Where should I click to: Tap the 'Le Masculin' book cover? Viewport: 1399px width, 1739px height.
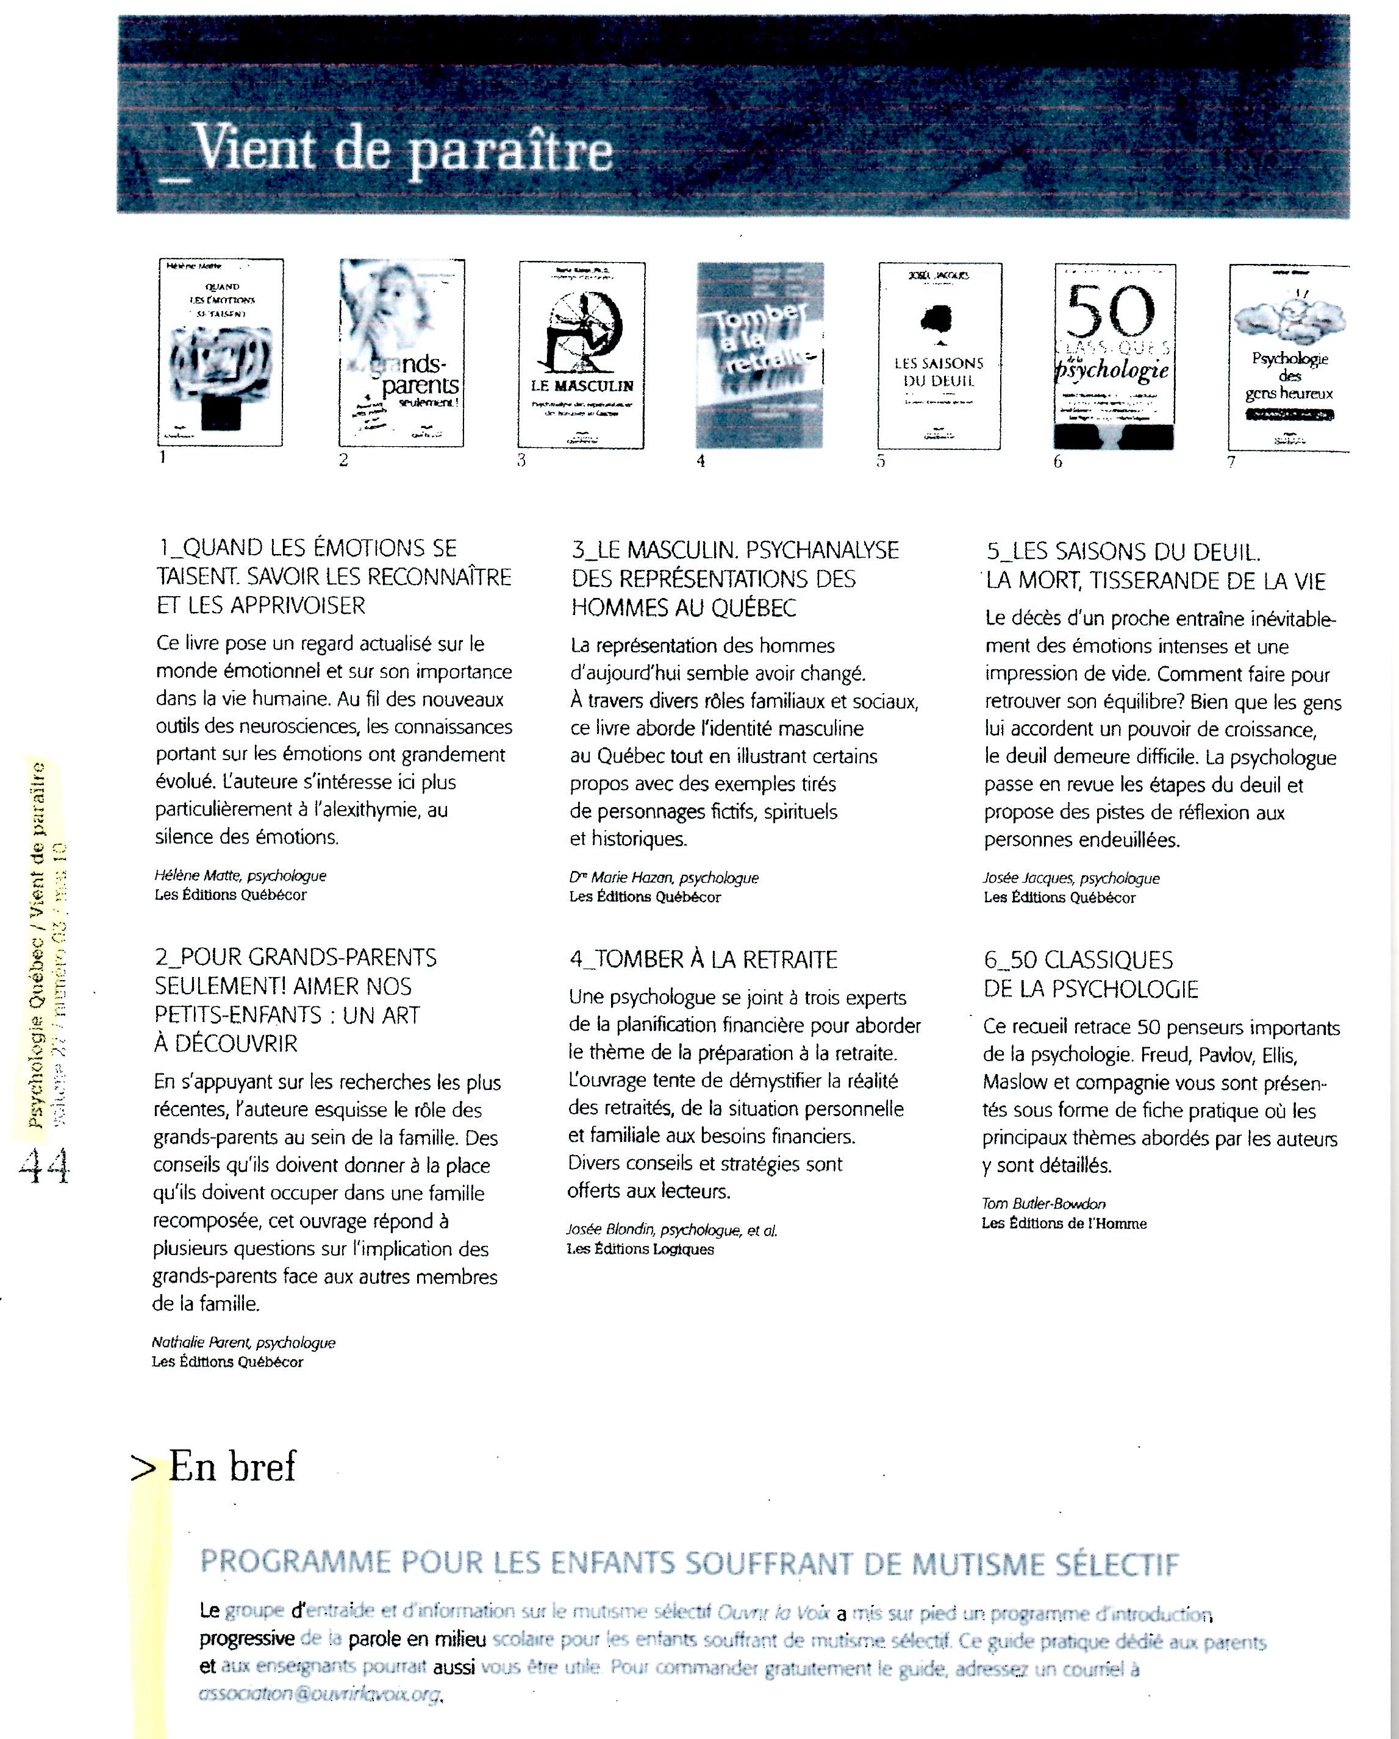pos(581,355)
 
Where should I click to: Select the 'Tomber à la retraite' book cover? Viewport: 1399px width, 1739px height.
pos(759,355)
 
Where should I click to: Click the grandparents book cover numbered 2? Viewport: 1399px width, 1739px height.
pos(402,352)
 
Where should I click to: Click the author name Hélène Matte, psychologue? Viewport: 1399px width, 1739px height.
pos(240,876)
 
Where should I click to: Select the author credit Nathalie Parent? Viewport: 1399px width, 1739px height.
pos(243,1342)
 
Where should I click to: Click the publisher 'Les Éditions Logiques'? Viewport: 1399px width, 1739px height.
pos(640,1250)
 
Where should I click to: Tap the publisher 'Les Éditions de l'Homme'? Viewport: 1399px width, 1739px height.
pos(1064,1223)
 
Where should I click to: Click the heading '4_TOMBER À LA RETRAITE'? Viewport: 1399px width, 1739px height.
pos(704,960)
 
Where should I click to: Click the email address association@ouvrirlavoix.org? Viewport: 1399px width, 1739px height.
pos(320,1693)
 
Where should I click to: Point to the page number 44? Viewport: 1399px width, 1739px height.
pos(45,1166)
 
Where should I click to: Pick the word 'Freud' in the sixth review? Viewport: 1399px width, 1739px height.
pos(1165,1055)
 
